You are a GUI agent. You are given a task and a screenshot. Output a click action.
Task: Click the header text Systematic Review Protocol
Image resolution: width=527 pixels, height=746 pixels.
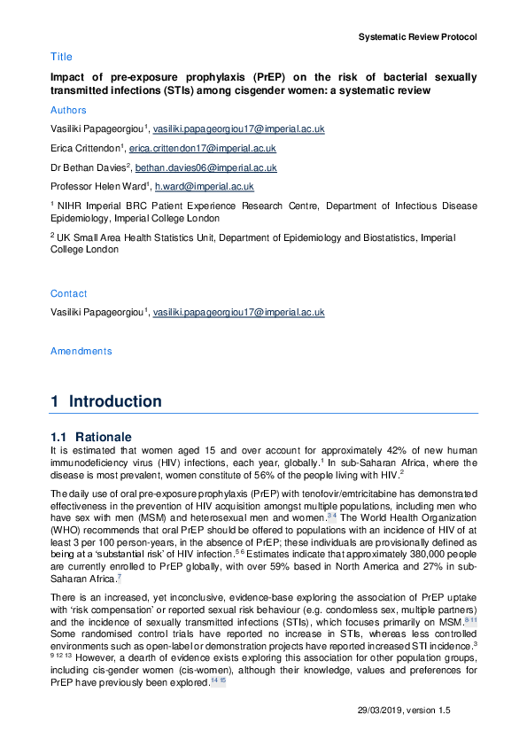[x=417, y=37]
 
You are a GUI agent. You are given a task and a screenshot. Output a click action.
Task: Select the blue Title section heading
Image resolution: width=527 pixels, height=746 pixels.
[x=61, y=57]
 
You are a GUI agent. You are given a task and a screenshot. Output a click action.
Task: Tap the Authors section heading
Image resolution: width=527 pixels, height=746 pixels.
[x=68, y=111]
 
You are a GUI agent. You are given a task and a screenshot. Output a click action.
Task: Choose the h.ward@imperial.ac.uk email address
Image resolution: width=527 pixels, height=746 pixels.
[x=205, y=187]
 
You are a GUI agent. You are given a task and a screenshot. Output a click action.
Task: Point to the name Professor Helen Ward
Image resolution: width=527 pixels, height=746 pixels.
[x=98, y=187]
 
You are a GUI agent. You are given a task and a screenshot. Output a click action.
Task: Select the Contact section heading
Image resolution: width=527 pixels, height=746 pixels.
[x=68, y=293]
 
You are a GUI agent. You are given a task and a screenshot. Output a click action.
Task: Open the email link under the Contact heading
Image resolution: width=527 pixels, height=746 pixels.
[x=238, y=313]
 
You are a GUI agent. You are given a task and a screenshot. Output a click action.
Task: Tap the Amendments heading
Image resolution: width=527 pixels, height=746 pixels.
[x=81, y=351]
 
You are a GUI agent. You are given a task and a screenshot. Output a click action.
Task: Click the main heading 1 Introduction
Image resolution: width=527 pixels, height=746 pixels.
[x=106, y=401]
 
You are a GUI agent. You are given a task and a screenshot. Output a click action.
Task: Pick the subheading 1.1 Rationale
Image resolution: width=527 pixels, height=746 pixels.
[x=91, y=437]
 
